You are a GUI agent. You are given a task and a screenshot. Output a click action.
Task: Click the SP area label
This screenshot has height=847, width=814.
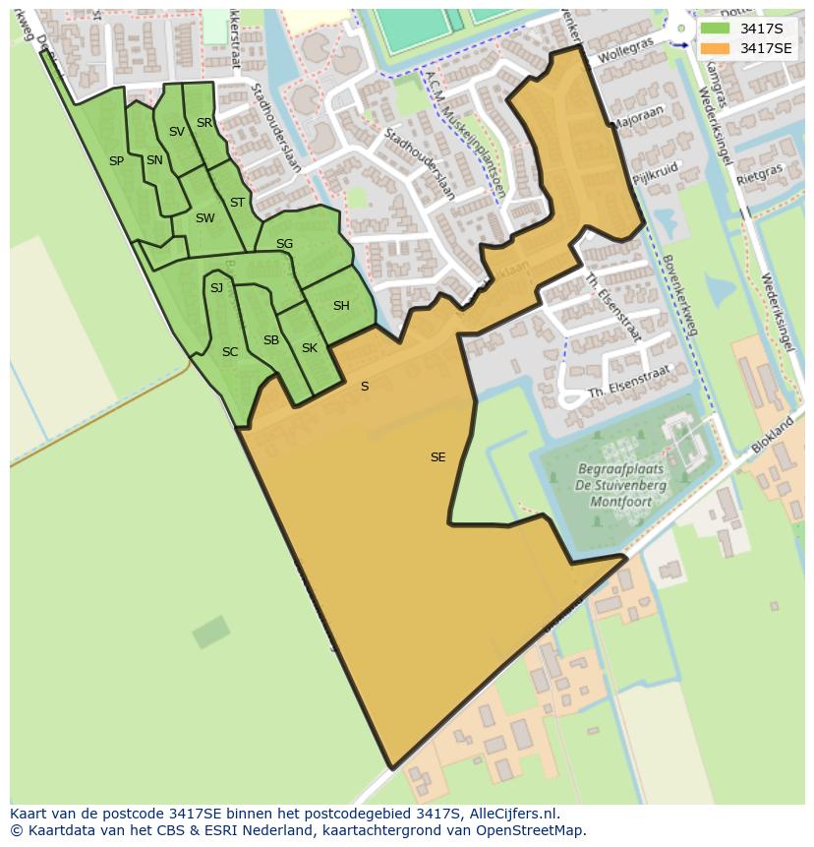[116, 161]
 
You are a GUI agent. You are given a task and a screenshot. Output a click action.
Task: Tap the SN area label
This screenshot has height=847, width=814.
[154, 160]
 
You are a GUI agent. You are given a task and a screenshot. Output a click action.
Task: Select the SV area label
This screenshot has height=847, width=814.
[177, 132]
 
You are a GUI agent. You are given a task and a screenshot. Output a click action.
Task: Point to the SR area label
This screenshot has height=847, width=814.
[204, 123]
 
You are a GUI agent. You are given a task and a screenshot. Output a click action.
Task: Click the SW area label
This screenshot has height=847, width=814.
[204, 218]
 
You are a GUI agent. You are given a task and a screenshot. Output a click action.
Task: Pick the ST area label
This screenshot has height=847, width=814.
[237, 203]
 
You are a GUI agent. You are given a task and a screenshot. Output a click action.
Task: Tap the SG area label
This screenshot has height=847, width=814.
[284, 244]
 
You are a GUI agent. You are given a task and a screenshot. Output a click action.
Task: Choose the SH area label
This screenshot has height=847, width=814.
[341, 306]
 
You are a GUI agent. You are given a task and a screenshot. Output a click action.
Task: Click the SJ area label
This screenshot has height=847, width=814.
[216, 287]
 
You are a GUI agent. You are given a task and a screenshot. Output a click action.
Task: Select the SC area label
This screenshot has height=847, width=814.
[230, 352]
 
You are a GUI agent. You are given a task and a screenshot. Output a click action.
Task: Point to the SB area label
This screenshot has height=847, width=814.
[271, 340]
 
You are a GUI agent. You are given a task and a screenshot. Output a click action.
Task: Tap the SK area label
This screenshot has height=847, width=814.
[310, 348]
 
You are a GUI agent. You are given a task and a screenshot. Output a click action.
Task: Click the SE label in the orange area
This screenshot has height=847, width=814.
[437, 457]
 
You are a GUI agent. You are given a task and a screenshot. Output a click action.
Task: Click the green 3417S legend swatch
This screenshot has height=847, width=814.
[715, 28]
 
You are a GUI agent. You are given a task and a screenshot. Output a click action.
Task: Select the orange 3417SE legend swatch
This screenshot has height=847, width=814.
[715, 48]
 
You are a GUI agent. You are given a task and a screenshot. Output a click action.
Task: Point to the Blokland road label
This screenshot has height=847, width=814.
[773, 434]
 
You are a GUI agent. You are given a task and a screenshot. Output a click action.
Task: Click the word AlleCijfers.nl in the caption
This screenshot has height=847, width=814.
[509, 814]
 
